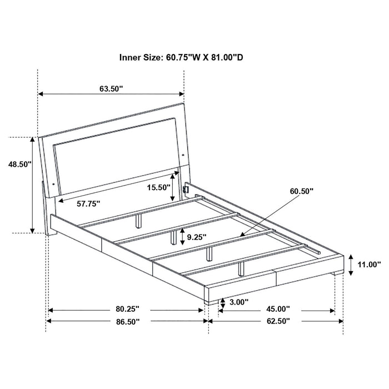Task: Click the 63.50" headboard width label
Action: pos(111,88)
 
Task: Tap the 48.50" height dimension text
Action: pos(20,164)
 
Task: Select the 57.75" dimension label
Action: pos(88,204)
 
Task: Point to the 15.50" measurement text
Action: pos(158,187)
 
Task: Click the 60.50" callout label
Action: pos(301,191)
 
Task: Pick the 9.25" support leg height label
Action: pos(197,237)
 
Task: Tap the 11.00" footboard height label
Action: pos(369,265)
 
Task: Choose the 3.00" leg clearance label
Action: pos(238,302)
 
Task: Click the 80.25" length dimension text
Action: pos(127,309)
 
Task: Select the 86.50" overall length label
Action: pos(128,322)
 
